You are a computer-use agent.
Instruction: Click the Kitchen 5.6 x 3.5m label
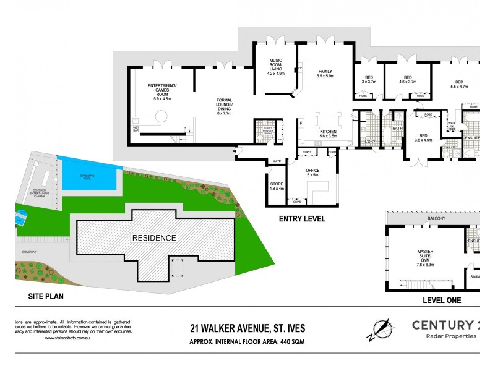(x=327, y=135)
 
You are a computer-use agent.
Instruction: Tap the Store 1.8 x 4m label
(x=277, y=186)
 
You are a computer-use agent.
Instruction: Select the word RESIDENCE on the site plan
(x=153, y=237)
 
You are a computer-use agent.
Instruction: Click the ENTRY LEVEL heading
(x=301, y=219)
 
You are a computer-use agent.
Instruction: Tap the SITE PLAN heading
(x=46, y=297)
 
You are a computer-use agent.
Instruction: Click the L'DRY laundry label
(x=370, y=142)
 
